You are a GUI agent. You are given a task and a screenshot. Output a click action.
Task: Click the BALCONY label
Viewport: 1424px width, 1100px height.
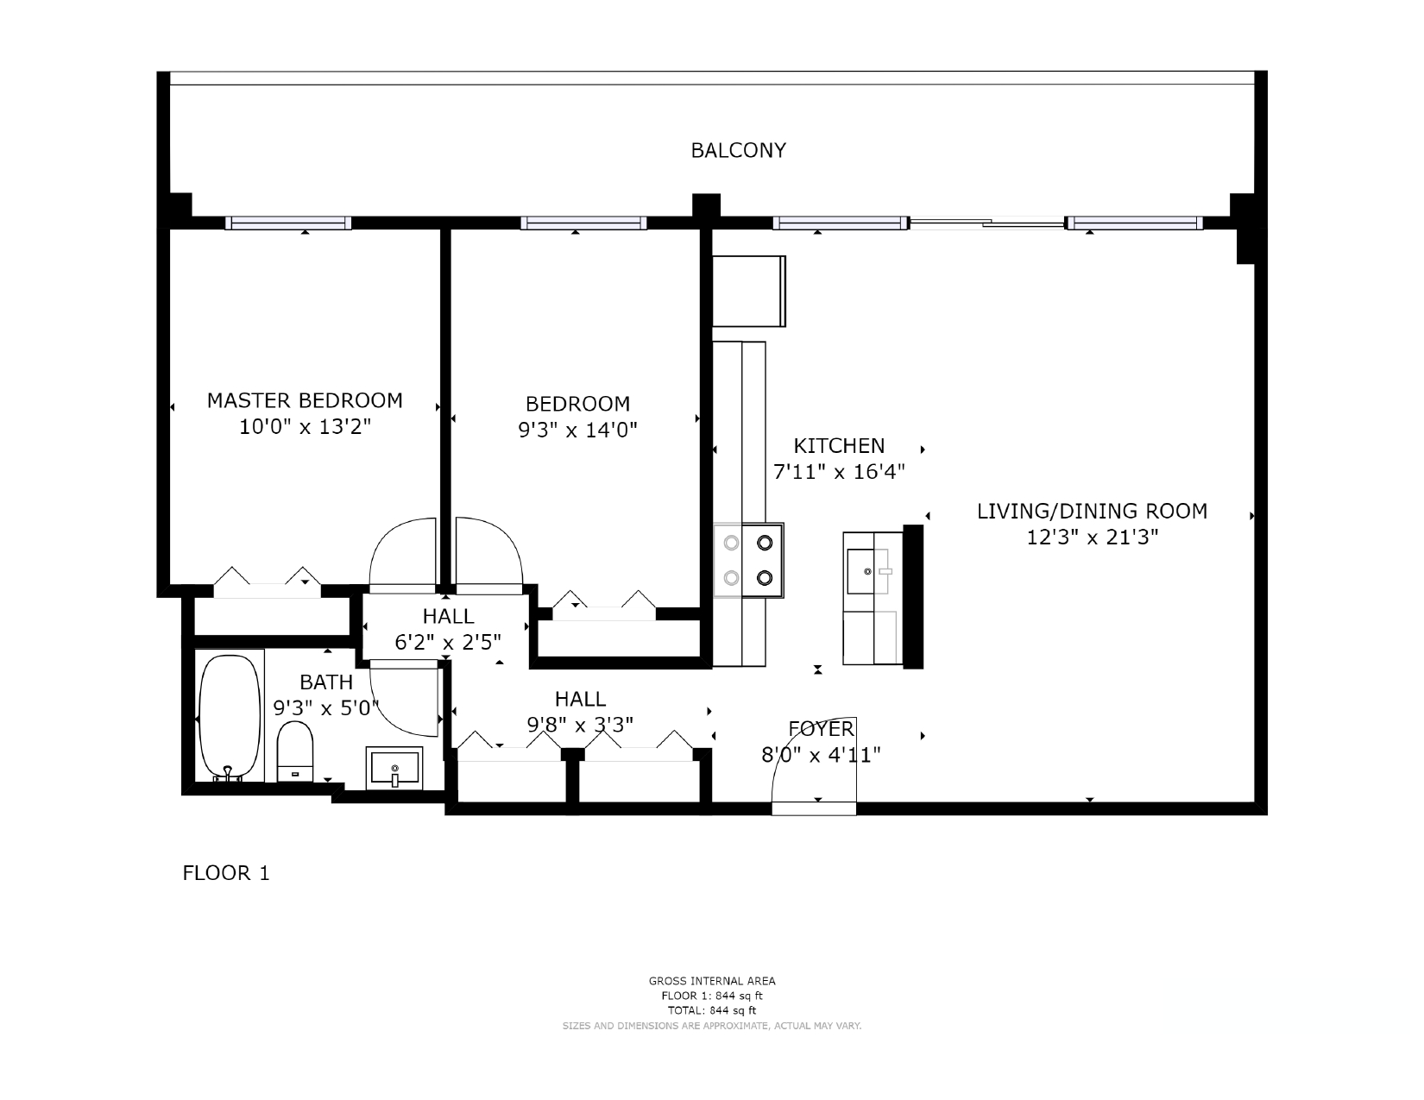pyautogui.click(x=738, y=151)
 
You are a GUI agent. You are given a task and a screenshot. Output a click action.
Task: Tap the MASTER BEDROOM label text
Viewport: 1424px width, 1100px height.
pyautogui.click(x=305, y=400)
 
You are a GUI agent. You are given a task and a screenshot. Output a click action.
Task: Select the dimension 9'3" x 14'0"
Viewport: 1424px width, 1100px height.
pyautogui.click(x=577, y=431)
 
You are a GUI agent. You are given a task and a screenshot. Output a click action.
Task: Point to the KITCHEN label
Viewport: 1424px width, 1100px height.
pyautogui.click(x=839, y=445)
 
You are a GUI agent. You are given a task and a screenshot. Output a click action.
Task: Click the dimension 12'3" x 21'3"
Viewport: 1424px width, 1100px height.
pyautogui.click(x=1092, y=537)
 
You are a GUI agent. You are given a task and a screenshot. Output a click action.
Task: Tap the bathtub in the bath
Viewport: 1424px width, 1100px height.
pyautogui.click(x=229, y=717)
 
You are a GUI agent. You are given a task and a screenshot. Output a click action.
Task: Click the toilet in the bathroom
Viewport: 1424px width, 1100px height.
pyautogui.click(x=295, y=751)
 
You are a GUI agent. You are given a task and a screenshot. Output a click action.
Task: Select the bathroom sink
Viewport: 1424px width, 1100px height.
pyautogui.click(x=394, y=768)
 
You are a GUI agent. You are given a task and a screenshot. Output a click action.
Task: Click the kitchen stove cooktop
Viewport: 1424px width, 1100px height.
pyautogui.click(x=748, y=560)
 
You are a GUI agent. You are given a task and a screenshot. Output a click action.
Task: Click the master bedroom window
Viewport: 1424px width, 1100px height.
pyautogui.click(x=288, y=223)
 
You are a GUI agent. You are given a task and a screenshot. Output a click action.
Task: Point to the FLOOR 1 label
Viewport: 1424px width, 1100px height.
pyautogui.click(x=226, y=873)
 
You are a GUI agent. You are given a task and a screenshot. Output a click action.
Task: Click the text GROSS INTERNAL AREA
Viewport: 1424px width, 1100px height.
pyautogui.click(x=712, y=981)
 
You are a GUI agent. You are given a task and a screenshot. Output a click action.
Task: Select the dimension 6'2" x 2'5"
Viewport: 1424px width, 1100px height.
pyautogui.click(x=448, y=642)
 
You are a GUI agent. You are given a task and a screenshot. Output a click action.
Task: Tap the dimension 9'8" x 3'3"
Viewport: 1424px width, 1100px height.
pyautogui.click(x=580, y=725)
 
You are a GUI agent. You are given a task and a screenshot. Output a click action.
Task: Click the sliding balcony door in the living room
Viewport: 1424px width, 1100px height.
pyautogui.click(x=988, y=224)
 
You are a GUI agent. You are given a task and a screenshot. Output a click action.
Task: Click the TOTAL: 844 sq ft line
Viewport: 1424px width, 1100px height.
pyautogui.click(x=712, y=1010)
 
